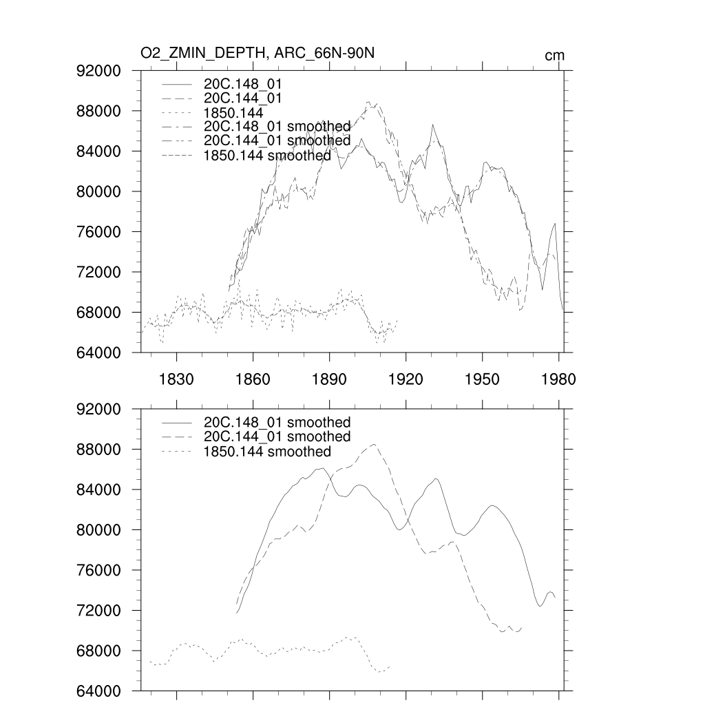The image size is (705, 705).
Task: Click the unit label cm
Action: pos(554,56)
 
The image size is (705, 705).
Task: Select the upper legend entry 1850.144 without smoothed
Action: pos(234,112)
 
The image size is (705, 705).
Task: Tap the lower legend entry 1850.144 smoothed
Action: pos(268,452)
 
